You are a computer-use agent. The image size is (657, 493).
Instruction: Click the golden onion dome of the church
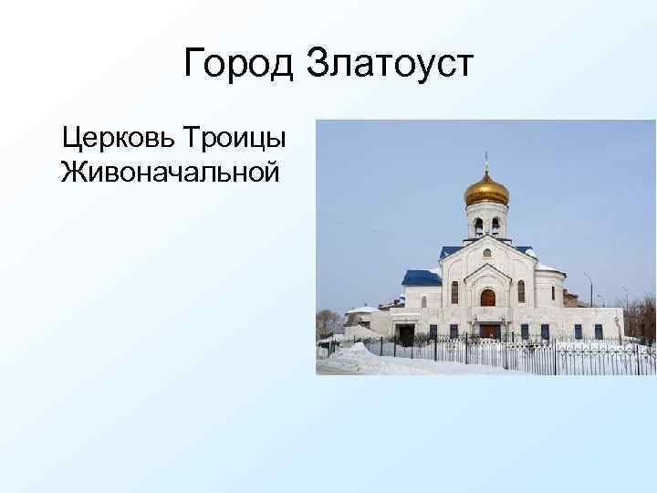486,189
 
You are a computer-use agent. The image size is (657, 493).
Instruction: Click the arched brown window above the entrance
487,297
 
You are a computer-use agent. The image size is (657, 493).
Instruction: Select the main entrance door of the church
489,330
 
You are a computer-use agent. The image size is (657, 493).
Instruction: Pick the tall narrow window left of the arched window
454,292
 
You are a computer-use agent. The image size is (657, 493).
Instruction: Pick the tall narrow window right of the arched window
521,292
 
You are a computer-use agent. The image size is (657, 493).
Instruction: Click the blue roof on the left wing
421,277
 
